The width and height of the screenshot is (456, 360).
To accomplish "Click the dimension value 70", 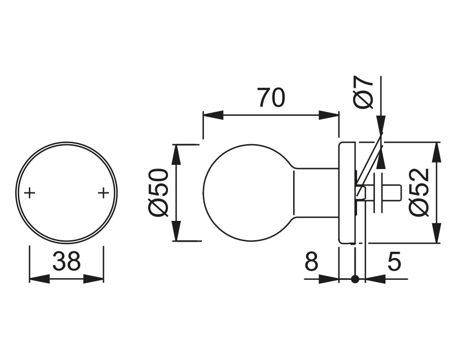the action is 271,97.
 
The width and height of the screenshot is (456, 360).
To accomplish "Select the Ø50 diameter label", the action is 159,192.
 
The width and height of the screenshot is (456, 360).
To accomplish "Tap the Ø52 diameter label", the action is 419,192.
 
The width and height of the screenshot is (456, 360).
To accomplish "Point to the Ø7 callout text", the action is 363,92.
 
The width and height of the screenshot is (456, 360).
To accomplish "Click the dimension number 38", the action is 66,261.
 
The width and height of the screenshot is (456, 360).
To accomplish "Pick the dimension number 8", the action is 311,261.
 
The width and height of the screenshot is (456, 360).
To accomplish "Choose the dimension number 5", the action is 394,261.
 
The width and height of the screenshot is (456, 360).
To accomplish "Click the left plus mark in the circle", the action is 29,192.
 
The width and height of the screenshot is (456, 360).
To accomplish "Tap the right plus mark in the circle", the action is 103,192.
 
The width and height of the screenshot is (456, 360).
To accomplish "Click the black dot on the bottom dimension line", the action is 355,279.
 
